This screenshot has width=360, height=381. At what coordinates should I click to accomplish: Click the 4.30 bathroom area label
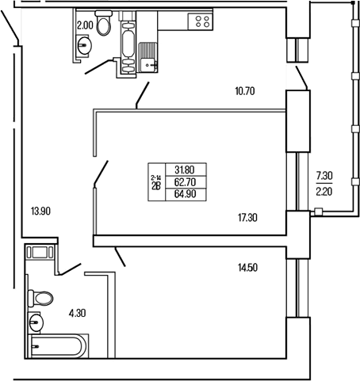click(x=77, y=314)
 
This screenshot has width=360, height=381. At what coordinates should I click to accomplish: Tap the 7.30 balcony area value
click(x=324, y=175)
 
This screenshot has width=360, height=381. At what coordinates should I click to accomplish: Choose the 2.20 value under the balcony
click(x=324, y=190)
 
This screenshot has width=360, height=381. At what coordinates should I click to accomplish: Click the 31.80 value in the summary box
click(x=183, y=167)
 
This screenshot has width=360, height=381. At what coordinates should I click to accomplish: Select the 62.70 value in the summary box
click(x=183, y=180)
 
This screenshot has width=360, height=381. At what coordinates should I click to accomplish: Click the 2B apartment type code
click(x=155, y=185)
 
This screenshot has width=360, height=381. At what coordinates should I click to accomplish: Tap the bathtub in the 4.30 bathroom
click(x=58, y=346)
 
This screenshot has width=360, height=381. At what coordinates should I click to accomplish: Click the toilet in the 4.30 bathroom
click(x=42, y=299)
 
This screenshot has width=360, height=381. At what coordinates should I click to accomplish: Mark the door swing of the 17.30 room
click(x=101, y=172)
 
